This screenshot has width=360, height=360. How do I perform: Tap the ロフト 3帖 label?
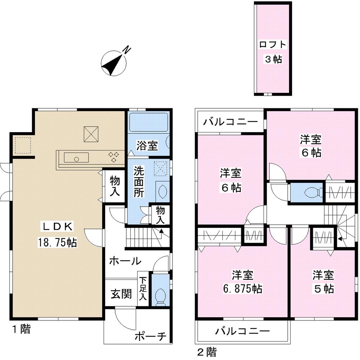pyautogui.click(x=273, y=52)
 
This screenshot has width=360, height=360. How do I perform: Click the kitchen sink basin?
pyautogui.click(x=76, y=158)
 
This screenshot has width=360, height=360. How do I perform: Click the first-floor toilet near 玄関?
pyautogui.click(x=160, y=297)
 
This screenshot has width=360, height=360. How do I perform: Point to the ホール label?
pyautogui.click(x=125, y=261)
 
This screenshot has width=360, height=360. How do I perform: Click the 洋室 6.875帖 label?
pyautogui.click(x=243, y=282)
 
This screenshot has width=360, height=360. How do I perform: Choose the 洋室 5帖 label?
pyautogui.click(x=323, y=282)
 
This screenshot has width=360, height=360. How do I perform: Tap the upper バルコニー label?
pyautogui.click(x=230, y=121)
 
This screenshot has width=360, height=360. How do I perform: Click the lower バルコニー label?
pyautogui.click(x=242, y=330)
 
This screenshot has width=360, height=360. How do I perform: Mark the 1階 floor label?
pyautogui.click(x=21, y=329)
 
